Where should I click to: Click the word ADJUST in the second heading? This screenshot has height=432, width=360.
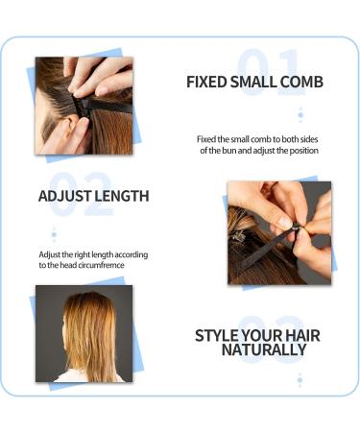coord(63,196)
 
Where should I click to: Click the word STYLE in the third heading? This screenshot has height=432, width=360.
coord(218,335)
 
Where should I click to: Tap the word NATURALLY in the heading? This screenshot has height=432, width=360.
coord(264,350)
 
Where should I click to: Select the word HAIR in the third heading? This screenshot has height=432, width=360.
coord(300,335)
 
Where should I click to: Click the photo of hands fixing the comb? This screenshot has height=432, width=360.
coord(84,105)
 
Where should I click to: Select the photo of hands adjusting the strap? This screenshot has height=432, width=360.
coord(279,232)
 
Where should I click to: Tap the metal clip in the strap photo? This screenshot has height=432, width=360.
coord(238,233)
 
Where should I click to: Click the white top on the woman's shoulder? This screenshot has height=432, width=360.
coord(82,375)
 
